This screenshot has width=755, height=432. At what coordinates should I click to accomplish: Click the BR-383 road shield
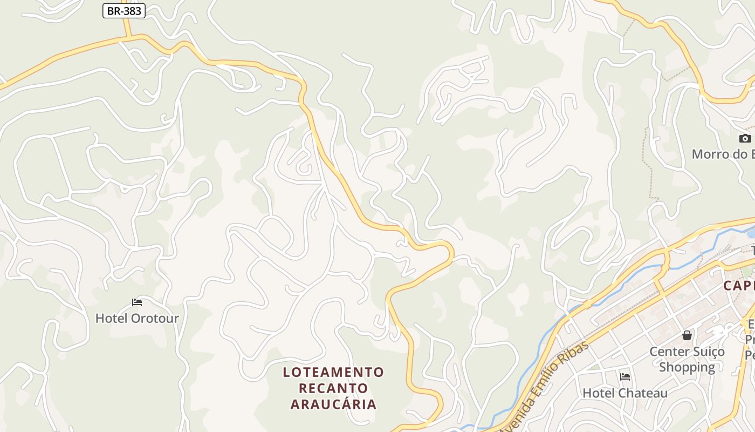pyautogui.click(x=124, y=11)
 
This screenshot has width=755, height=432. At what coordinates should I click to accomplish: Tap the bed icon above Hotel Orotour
pyautogui.click(x=137, y=302)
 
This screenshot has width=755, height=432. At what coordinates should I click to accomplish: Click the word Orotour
pyautogui.click(x=154, y=318)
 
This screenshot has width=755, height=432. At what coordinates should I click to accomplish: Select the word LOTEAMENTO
pyautogui.click(x=333, y=372)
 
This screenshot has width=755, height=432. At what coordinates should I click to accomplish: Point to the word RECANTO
pyautogui.click(x=333, y=388)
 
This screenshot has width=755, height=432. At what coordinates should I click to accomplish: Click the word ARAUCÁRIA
pyautogui.click(x=333, y=404)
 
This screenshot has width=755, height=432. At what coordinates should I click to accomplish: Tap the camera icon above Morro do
pyautogui.click(x=745, y=138)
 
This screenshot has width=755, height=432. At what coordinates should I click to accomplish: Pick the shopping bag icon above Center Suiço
pyautogui.click(x=687, y=336)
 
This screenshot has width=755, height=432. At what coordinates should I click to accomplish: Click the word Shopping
pyautogui.click(x=687, y=367)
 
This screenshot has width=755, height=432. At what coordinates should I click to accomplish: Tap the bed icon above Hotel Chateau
pyautogui.click(x=624, y=376)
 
